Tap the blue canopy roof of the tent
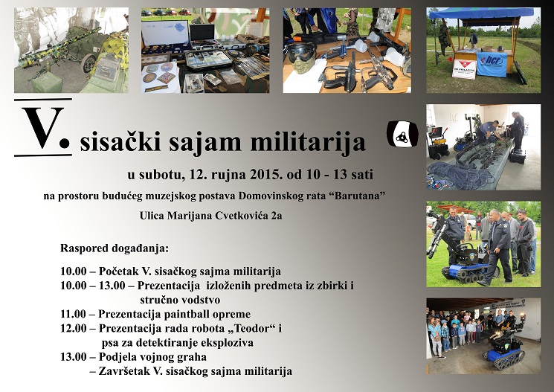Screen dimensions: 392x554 (x=480, y=13)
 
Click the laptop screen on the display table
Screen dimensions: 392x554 (x=201, y=32)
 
